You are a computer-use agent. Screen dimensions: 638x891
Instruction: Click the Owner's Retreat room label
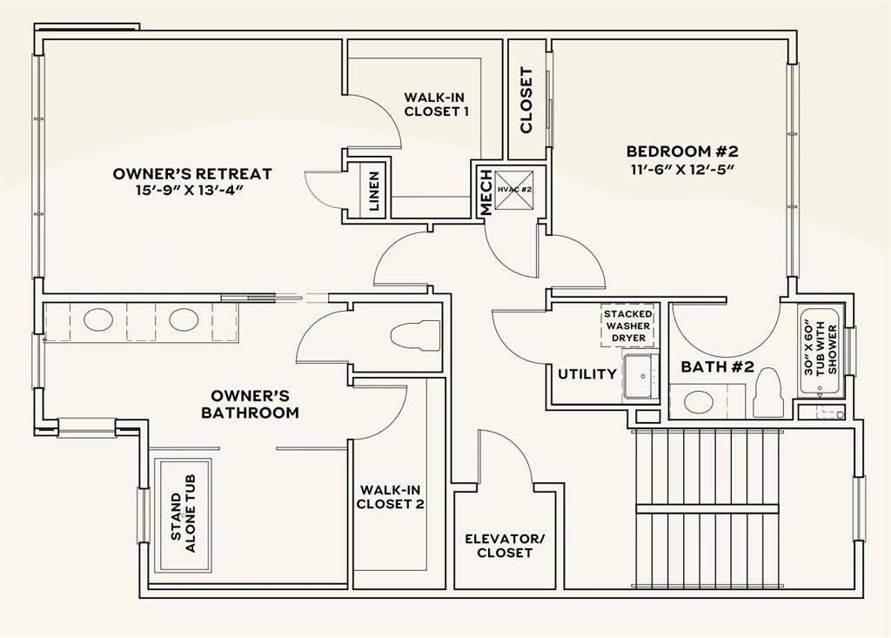point(192,174)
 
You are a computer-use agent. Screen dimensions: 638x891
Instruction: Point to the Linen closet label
point(374,191)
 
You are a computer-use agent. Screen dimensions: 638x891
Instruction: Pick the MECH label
point(486,192)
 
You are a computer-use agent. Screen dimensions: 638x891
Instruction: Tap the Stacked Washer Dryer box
point(628,326)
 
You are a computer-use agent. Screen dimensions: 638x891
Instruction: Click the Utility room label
point(587,374)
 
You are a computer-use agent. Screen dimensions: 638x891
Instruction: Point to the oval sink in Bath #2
point(698,402)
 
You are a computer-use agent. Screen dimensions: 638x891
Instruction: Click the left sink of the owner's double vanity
point(97,320)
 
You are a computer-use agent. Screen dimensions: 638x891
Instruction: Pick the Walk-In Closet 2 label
point(391,496)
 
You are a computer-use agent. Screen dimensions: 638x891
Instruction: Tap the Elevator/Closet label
point(505,546)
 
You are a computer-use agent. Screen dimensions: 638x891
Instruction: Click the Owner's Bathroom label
point(250,404)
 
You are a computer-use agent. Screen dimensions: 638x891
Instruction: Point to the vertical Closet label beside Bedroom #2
point(526,100)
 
